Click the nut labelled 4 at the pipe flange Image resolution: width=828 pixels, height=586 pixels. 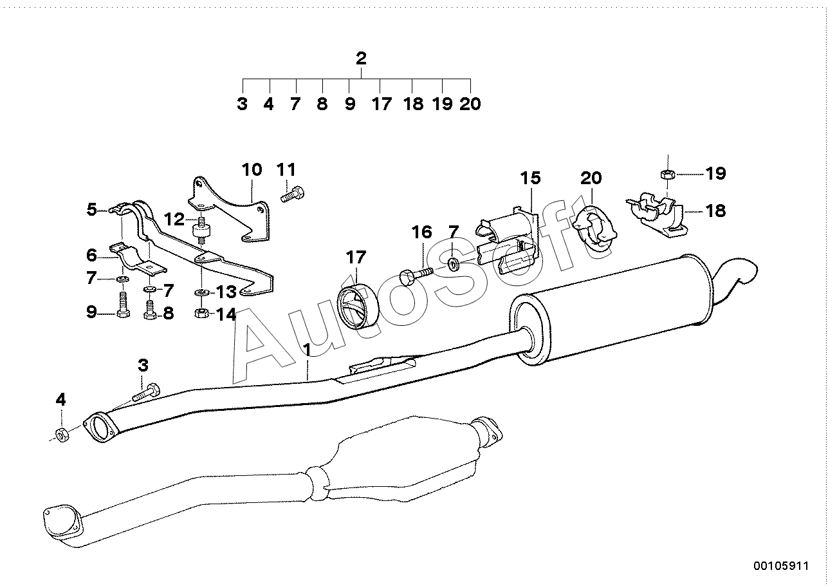[61, 434]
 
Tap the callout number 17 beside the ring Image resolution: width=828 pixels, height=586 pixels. [356, 258]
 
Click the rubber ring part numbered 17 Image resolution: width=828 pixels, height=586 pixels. [358, 307]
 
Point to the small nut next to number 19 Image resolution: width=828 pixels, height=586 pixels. [668, 173]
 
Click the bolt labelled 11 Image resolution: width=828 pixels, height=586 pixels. [293, 194]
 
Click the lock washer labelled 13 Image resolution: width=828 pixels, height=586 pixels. [202, 292]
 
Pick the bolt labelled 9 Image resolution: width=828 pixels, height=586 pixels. [123, 305]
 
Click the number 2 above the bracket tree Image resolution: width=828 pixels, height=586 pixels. [361, 59]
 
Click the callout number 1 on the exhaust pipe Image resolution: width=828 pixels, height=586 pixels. [307, 350]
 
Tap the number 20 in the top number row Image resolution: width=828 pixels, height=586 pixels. [470, 104]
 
